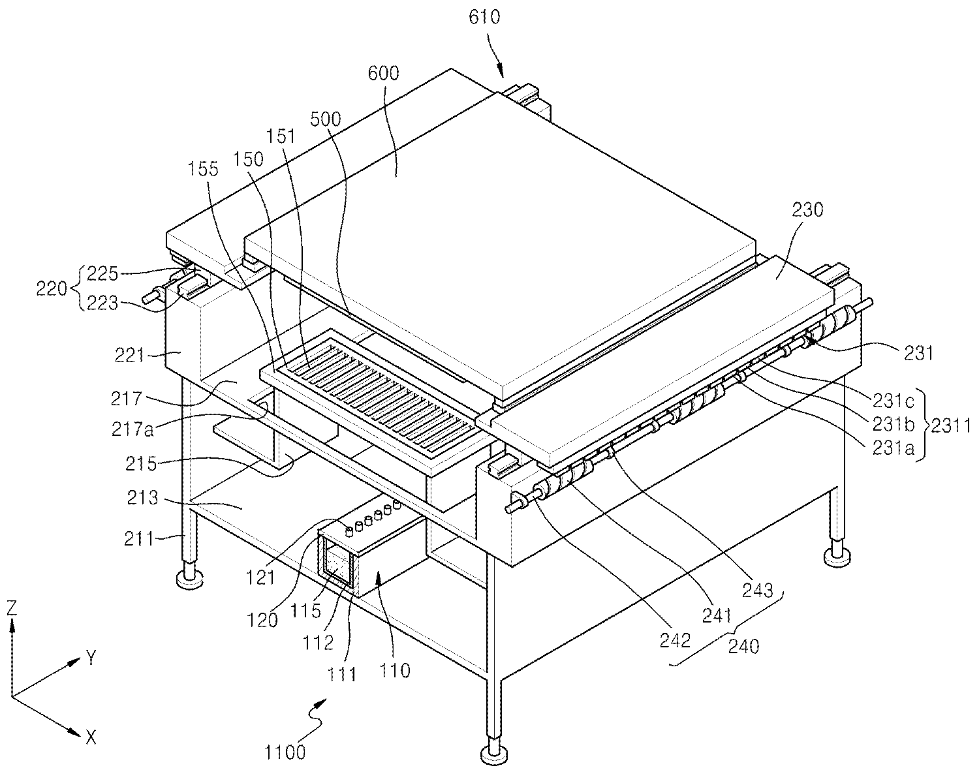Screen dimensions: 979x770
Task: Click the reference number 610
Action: [484, 17]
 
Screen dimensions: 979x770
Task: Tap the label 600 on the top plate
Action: [384, 73]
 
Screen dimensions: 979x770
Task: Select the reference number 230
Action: [807, 210]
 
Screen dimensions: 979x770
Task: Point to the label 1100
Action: [285, 752]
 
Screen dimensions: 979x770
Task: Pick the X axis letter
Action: [91, 737]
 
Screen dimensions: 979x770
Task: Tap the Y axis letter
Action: [91, 658]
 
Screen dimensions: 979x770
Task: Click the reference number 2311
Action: [950, 425]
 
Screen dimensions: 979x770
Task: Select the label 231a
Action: [893, 449]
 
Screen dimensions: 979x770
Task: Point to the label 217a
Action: [133, 429]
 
